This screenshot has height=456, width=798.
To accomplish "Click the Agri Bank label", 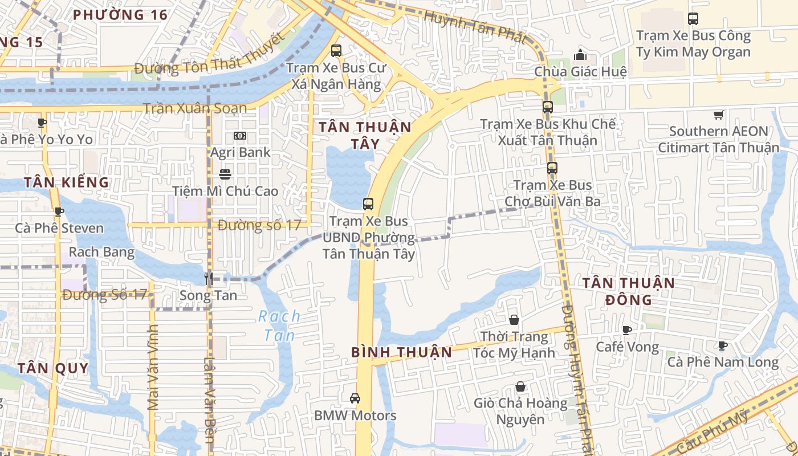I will coord(240,153).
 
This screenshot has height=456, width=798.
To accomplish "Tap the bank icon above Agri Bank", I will coord(240,136).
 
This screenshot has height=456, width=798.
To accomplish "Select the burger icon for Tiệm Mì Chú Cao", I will coord(225,174).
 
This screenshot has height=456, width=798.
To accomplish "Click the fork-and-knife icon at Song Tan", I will coord(209,279).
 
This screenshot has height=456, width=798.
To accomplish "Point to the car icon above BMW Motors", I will coord(355,398).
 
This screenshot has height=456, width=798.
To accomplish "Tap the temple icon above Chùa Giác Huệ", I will coord(580,55).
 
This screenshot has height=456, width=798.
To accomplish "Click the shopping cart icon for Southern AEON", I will coord(719,115).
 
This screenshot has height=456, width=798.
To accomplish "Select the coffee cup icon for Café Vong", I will coord(627,330).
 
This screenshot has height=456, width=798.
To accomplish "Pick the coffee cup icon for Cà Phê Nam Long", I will coord(723,345).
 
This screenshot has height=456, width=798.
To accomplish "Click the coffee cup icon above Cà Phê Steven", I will coord(59,211).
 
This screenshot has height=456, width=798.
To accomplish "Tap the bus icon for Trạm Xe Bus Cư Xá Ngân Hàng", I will coord(336,50).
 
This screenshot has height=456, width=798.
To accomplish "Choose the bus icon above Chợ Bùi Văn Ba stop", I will coord(552,168).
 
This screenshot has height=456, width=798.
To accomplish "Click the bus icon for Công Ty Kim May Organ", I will coord(693,19).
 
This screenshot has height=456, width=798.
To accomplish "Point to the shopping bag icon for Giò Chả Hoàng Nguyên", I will coord(520,386).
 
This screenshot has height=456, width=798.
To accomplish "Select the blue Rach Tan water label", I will coord(279,325).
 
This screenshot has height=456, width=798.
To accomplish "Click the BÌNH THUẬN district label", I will coord(402,352).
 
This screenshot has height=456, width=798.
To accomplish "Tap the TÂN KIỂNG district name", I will coord(66,182).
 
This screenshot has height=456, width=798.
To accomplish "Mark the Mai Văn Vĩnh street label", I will coord(152,367).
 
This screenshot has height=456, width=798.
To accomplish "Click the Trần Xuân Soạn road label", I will coord(195,108).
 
